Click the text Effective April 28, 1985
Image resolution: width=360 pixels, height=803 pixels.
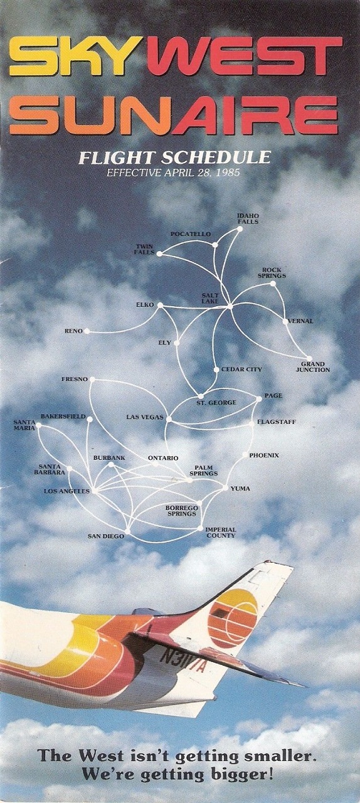click(x=173, y=173)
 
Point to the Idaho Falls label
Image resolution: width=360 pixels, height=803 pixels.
click(x=248, y=219)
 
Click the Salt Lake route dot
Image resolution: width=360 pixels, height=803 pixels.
click(x=230, y=307)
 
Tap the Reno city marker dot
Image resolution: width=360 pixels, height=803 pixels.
click(x=87, y=331)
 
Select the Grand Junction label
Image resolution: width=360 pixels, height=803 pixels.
click(x=313, y=367)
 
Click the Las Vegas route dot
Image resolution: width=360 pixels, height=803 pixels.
click(x=169, y=418)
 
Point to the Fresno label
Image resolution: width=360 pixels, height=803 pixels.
click(x=75, y=379)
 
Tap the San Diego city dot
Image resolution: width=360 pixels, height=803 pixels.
click(x=127, y=531)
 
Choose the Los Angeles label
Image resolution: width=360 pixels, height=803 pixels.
click(x=66, y=491)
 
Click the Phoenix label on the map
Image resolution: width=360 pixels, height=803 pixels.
click(x=264, y=455)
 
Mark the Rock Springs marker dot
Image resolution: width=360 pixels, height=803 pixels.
click(x=273, y=284)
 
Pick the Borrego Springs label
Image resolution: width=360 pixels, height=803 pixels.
click(x=181, y=511)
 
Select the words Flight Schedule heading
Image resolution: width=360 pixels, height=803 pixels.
click(x=174, y=157)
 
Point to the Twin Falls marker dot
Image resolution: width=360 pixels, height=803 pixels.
click(x=159, y=253)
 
